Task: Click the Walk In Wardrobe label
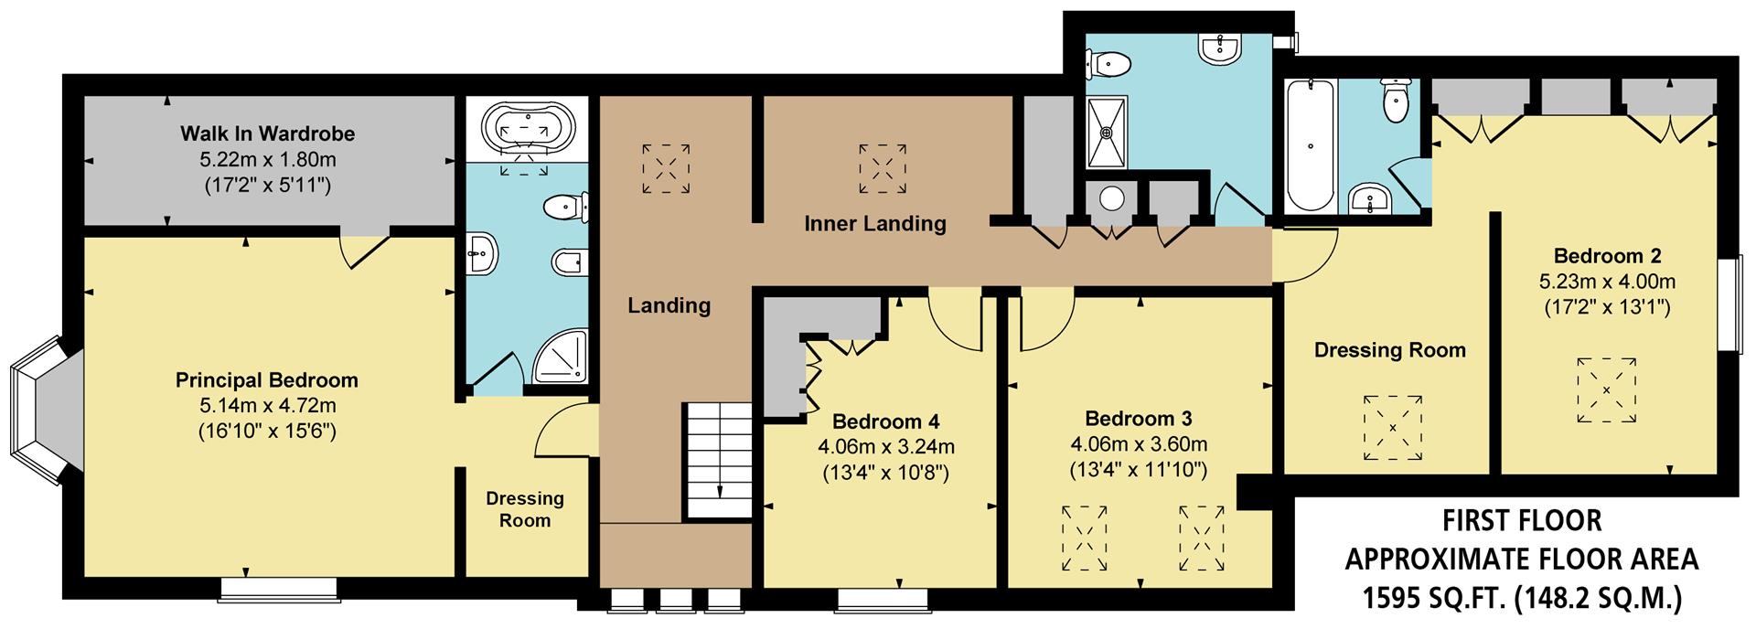pyautogui.click(x=267, y=133)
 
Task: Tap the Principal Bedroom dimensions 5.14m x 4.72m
pyautogui.click(x=267, y=405)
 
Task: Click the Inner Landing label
pyautogui.click(x=875, y=223)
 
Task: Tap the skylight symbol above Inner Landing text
pyautogui.click(x=883, y=169)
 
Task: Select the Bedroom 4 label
pyautogui.click(x=885, y=421)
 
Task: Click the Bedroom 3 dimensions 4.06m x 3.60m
pyautogui.click(x=1139, y=444)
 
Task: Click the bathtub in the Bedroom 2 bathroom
pyautogui.click(x=1311, y=146)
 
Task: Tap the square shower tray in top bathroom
pyautogui.click(x=1107, y=133)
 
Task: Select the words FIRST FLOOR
pyautogui.click(x=1522, y=520)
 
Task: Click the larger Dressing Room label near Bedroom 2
pyautogui.click(x=1389, y=350)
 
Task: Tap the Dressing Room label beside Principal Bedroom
pyautogui.click(x=524, y=509)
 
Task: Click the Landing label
pyautogui.click(x=669, y=305)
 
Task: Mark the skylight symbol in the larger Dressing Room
pyautogui.click(x=1393, y=428)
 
